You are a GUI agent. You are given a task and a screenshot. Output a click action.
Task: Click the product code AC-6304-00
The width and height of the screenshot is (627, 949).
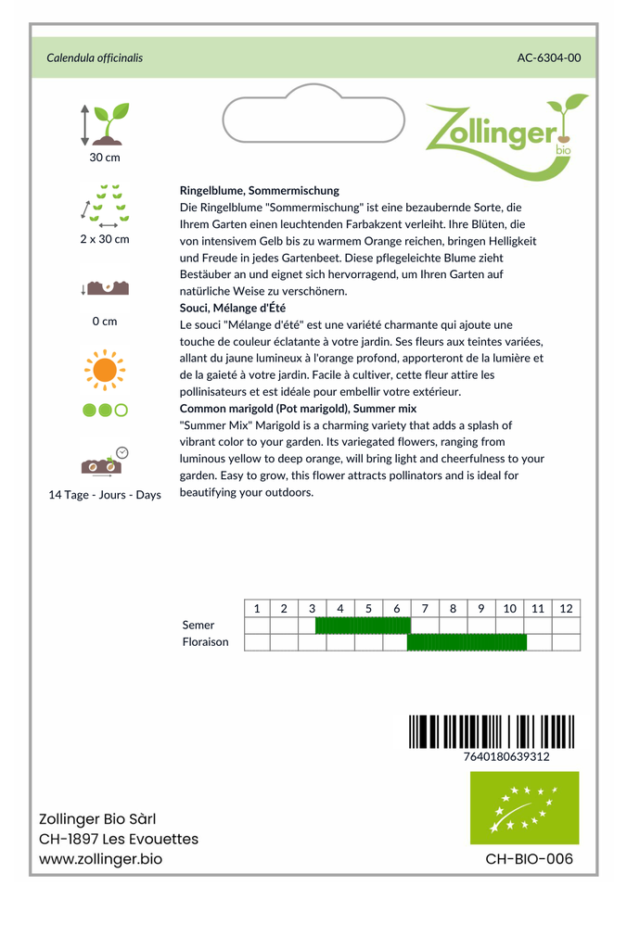coord(549,58)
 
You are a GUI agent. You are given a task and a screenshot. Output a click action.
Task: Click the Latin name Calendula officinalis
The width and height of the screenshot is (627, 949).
coord(95,58)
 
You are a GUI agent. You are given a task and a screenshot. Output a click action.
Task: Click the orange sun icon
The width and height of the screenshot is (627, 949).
coord(105,370)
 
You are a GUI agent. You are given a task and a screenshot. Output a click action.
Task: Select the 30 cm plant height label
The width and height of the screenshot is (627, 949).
coord(105,158)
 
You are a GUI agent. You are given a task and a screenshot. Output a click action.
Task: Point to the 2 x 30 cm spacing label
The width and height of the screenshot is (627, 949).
coord(105,239)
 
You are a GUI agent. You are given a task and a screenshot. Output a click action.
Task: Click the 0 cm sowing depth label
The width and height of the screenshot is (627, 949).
coord(105,322)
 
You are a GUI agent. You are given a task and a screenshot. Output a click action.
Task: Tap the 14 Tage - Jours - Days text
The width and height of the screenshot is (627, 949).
coord(105,495)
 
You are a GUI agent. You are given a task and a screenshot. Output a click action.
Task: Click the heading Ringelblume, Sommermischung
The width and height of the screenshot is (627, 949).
coord(260,190)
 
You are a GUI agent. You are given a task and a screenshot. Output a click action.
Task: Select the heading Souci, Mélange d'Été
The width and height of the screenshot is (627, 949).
coord(233,308)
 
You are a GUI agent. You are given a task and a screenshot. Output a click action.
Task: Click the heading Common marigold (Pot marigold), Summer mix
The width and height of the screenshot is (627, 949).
coord(298,409)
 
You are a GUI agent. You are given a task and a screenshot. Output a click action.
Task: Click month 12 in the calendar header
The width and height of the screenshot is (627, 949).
coord(567,609)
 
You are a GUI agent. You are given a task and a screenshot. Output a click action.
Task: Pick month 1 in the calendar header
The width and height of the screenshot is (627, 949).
coord(257,609)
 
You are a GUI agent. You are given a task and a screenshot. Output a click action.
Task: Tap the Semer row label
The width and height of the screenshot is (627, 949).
coord(198,626)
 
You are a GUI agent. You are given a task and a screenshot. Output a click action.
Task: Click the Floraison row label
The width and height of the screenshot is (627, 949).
coord(206,642)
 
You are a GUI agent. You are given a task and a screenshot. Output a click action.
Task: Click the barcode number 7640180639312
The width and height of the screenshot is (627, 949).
coord(505,757)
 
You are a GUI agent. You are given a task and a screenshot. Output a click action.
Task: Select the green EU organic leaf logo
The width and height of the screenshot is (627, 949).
coord(524,808)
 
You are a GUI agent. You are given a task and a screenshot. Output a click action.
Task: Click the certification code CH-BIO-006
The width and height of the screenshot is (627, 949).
coord(529,859)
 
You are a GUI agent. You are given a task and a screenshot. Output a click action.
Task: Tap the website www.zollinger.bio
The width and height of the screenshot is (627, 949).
coord(100,860)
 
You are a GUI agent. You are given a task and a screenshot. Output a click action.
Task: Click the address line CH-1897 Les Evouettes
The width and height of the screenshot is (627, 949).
coord(119,840)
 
